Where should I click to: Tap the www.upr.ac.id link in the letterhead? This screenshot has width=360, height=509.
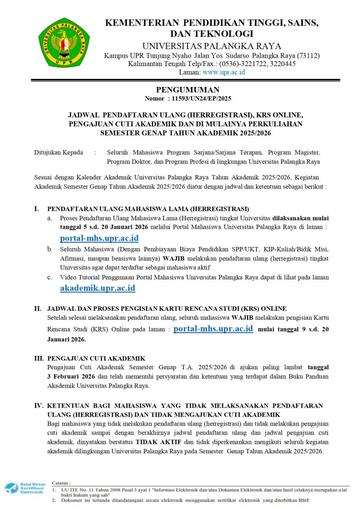tap(223, 72)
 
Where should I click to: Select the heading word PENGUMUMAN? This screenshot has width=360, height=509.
tap(180, 90)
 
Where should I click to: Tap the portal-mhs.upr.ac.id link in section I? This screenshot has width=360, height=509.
tap(99, 238)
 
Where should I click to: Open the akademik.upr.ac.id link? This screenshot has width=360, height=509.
tap(97, 288)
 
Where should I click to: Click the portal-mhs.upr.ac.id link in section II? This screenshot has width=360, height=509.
tap(214, 329)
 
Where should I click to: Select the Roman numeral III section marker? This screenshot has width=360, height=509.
tap(38, 358)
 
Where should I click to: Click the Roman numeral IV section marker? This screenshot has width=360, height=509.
tap(38, 406)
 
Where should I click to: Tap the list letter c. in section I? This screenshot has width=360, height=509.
tap(50, 277)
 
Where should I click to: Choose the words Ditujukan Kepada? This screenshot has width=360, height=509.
tap(59, 153)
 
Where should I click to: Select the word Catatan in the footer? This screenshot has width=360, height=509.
tap(62, 483)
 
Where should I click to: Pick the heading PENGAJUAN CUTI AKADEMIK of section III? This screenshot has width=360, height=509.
tap(96, 358)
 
